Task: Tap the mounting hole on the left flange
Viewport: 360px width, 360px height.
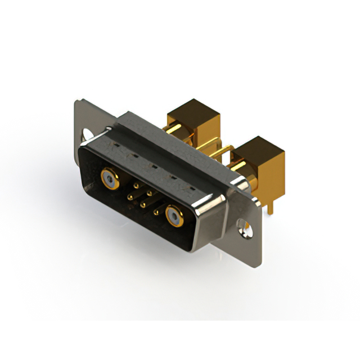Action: pyautogui.click(x=88, y=136)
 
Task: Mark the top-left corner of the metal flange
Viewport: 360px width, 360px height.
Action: pyautogui.click(x=77, y=102)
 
